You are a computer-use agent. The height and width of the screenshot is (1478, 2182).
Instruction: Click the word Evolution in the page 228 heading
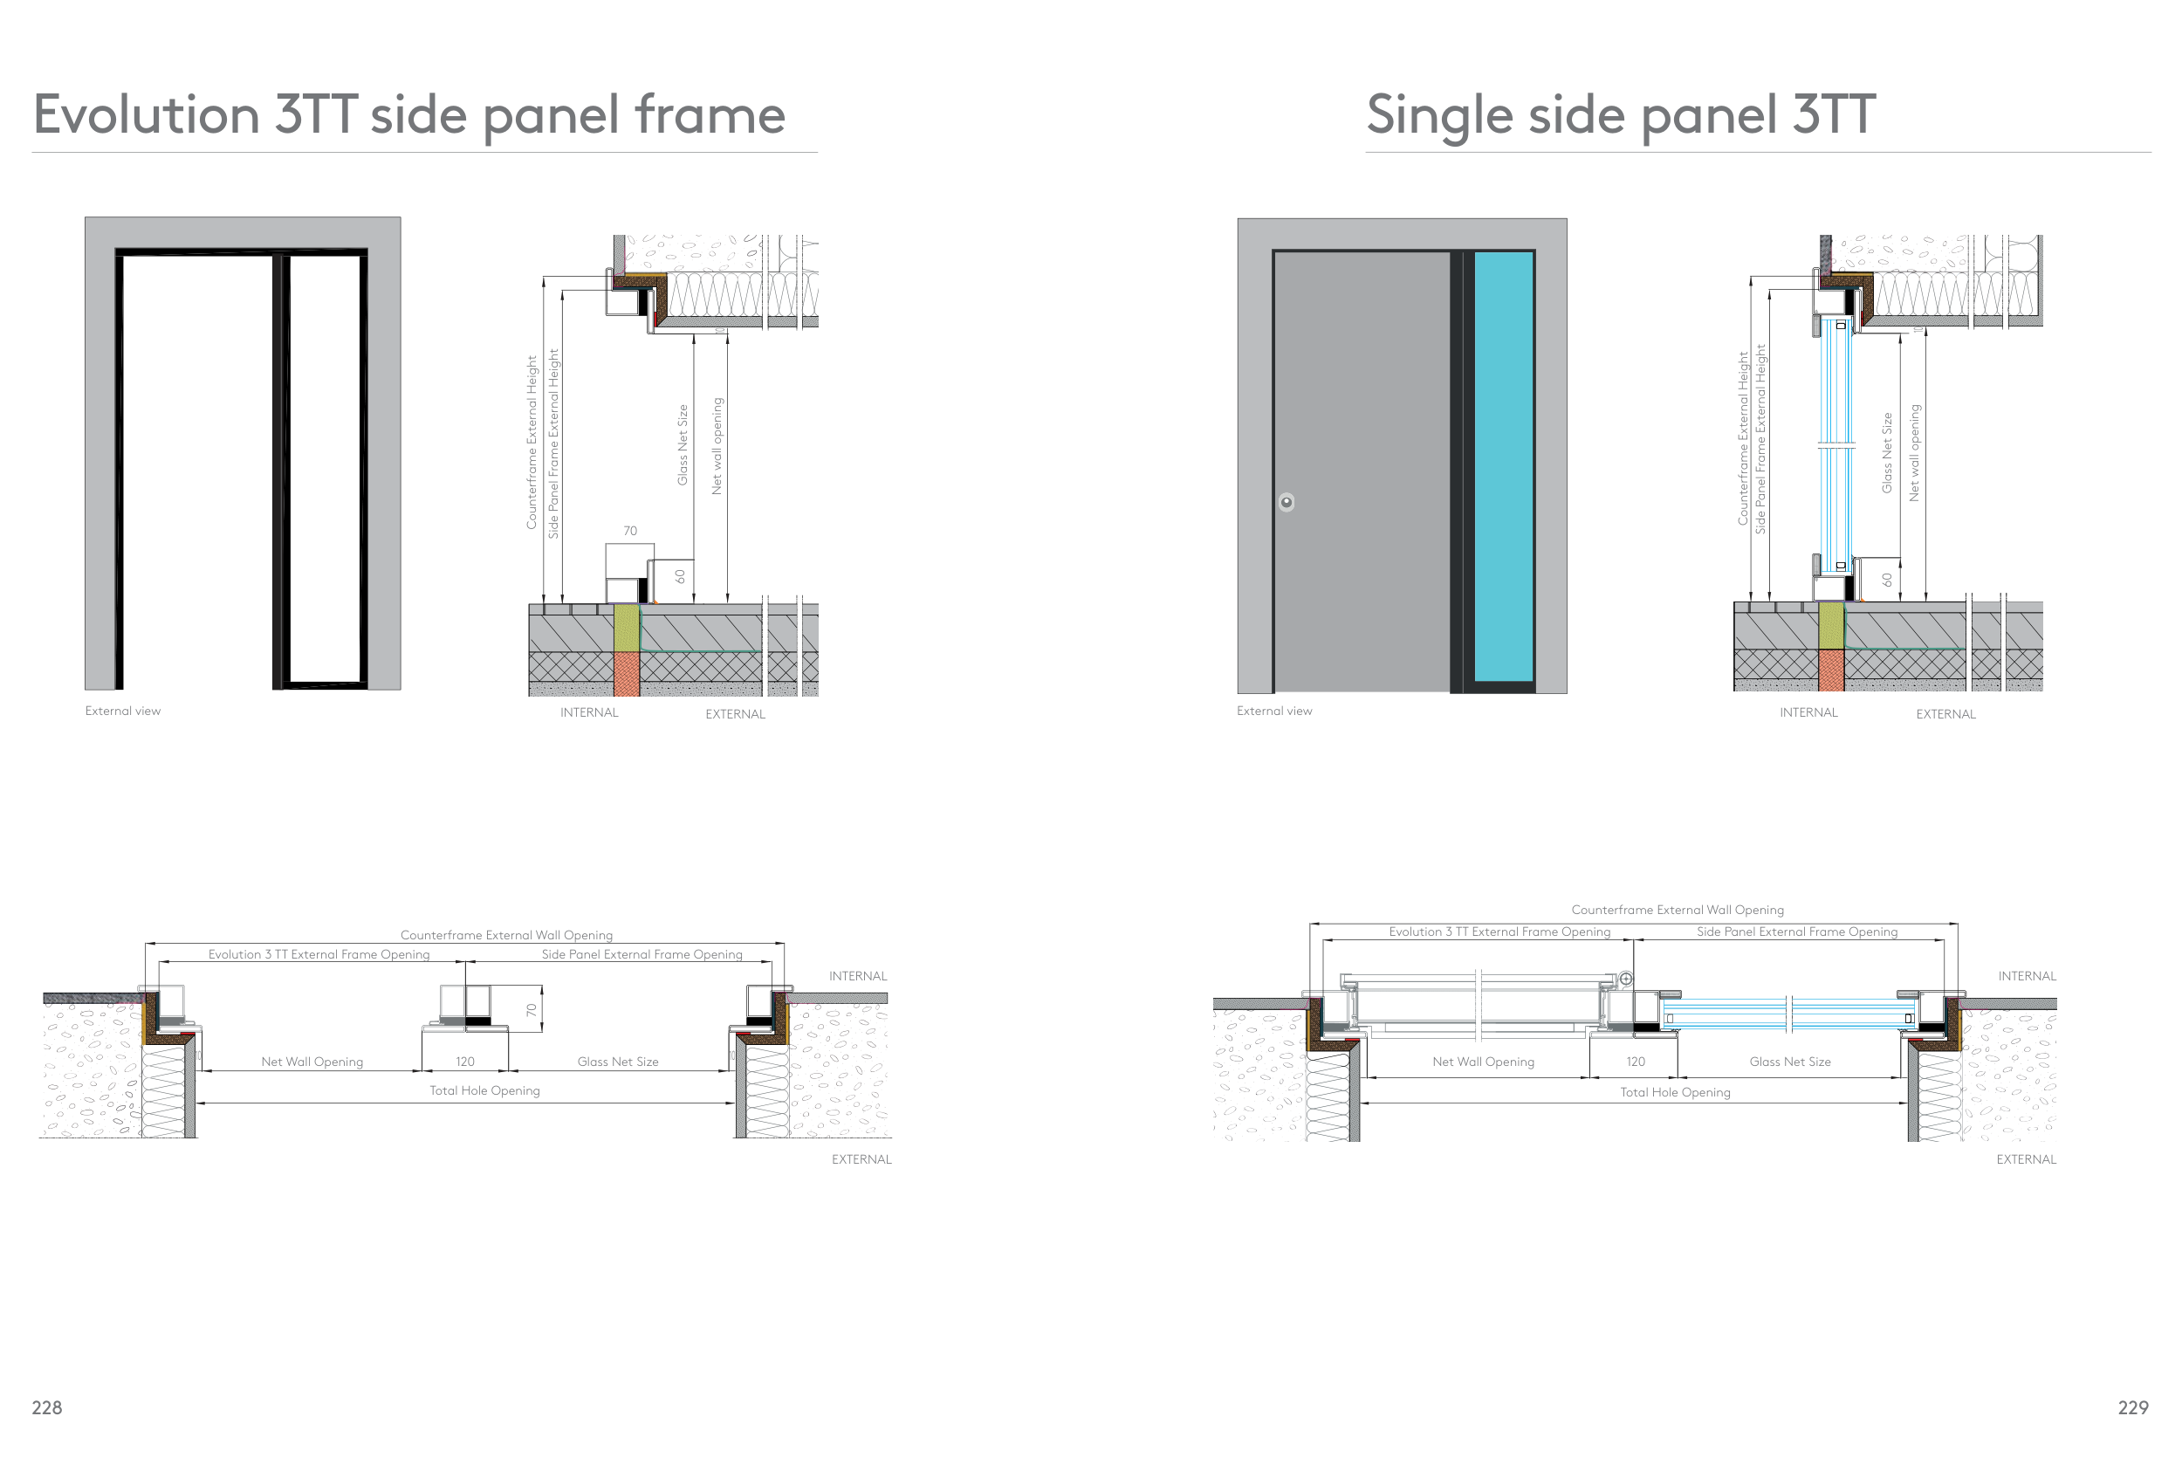[x=146, y=114]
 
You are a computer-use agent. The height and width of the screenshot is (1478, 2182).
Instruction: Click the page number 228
[x=47, y=1406]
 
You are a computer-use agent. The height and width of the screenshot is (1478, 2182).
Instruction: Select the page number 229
[x=2132, y=1406]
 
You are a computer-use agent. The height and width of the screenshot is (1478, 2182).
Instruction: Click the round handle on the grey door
[x=1287, y=502]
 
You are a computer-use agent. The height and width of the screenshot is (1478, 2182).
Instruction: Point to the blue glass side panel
[x=1503, y=467]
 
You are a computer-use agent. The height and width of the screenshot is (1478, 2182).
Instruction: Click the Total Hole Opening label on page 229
[x=1675, y=1092]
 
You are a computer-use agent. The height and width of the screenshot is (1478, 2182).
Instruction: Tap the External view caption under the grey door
[x=1274, y=711]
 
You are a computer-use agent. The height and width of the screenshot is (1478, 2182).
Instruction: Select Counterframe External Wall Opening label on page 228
[x=506, y=934]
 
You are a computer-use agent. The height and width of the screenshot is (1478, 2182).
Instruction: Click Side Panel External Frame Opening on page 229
[x=1797, y=931]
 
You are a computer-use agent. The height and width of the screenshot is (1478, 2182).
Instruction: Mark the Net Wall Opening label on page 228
[x=312, y=1062]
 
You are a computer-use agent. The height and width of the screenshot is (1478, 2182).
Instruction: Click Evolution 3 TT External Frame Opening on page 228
[x=319, y=954]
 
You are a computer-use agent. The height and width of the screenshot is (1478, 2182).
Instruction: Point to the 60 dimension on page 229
[x=1887, y=581]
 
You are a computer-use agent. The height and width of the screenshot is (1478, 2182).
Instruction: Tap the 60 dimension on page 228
[x=681, y=575]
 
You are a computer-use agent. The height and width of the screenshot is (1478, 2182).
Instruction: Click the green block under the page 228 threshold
[x=627, y=628]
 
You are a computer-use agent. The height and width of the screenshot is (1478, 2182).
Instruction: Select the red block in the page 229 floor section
[x=1831, y=670]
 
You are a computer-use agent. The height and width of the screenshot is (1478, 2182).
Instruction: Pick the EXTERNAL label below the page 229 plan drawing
[x=2026, y=1159]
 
